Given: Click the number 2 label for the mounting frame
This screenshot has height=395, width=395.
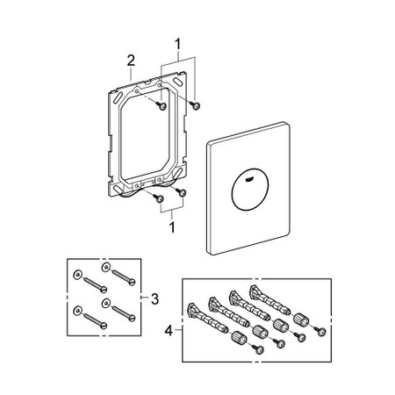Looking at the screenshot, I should point(131,61).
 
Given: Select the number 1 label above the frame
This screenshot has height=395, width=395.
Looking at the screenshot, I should point(179,41).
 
